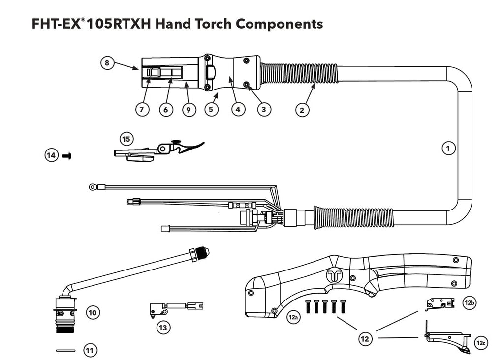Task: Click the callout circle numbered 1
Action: [x=448, y=148]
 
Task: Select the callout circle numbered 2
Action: [x=303, y=110]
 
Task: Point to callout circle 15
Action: [x=126, y=139]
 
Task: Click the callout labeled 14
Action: [x=51, y=155]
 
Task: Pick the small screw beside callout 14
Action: [x=66, y=156]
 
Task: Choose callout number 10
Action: [x=93, y=312]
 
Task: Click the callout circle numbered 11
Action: [x=90, y=350]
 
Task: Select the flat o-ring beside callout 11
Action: [x=65, y=350]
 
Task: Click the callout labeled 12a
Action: [x=294, y=318]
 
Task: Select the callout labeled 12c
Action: [x=481, y=343]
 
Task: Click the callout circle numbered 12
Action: [x=365, y=338]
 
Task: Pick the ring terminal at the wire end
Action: [x=92, y=186]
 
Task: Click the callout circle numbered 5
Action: [x=211, y=110]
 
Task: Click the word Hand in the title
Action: [x=174, y=24]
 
